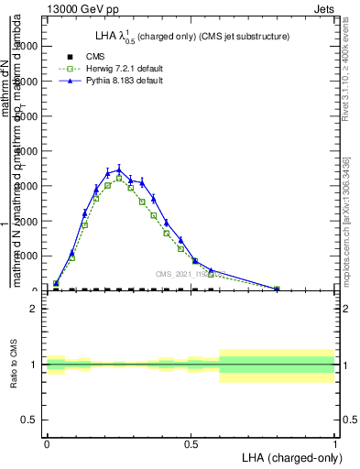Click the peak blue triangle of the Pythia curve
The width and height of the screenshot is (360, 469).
click(x=119, y=169)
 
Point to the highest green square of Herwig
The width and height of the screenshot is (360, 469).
click(x=119, y=179)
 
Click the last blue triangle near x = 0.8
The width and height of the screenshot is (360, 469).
click(x=277, y=289)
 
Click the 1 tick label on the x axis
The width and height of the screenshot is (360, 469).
click(x=334, y=443)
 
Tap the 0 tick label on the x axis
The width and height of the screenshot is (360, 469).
click(x=47, y=443)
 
